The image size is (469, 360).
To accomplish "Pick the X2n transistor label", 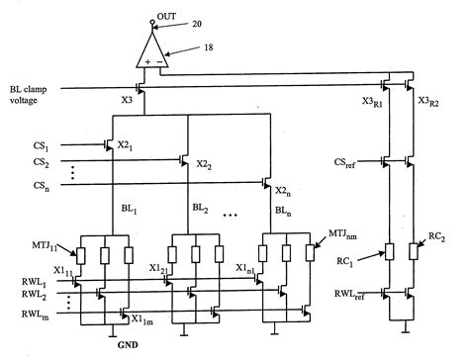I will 284,191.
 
